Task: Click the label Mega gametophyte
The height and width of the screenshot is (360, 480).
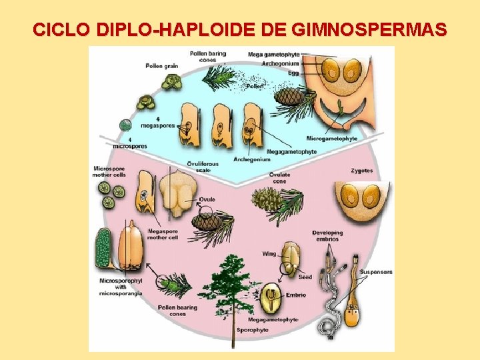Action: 273,54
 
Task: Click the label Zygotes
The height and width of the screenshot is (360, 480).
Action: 361,171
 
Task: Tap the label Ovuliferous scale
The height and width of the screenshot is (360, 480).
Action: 199,166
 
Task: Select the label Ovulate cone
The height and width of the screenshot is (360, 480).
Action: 279,178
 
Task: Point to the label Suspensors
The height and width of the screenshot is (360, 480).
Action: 376,273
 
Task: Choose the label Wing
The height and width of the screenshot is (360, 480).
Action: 269,254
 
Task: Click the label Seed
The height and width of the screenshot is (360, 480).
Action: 305,277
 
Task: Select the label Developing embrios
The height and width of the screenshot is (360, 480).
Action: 327,236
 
